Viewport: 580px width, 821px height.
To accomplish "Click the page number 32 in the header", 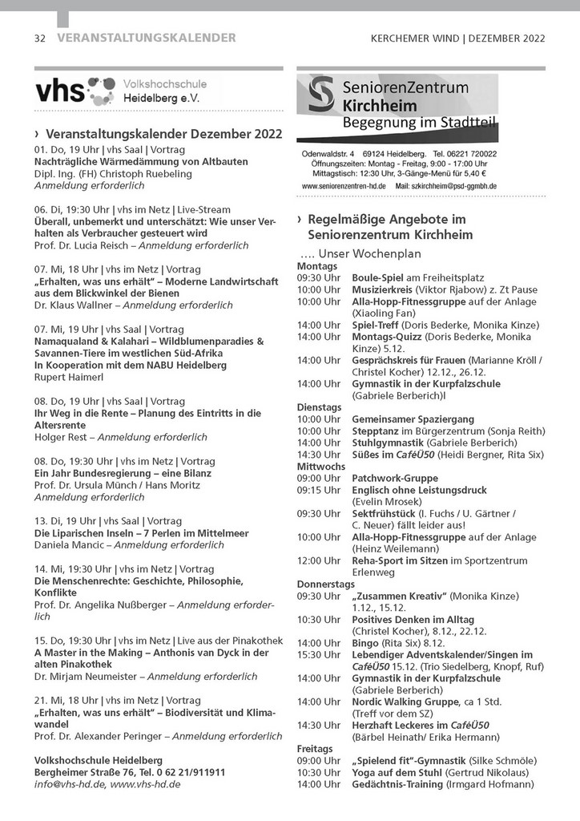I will [40, 38].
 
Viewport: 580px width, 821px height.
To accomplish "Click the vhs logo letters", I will [59, 90].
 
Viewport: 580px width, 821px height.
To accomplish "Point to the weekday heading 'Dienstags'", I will [319, 407].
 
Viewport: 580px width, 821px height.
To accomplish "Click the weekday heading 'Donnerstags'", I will [326, 584].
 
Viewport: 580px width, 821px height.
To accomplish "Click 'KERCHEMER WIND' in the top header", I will [415, 38].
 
